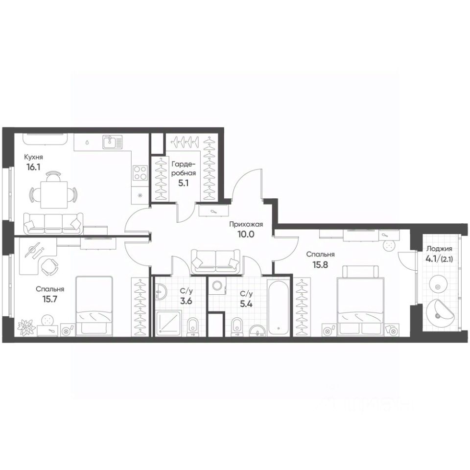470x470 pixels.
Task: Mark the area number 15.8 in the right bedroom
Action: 321,265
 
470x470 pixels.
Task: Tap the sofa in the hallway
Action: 215,260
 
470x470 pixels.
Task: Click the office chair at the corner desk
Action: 49,267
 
